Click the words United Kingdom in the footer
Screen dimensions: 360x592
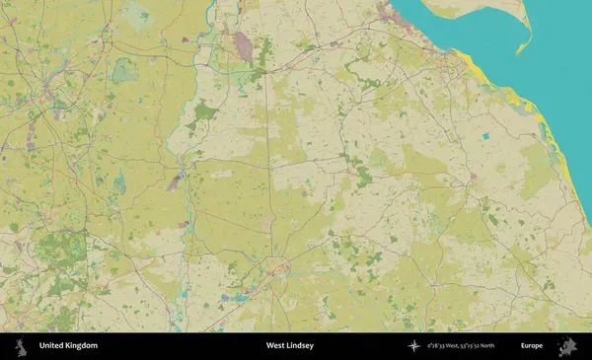click(68, 346)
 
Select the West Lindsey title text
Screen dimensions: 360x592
click(289, 346)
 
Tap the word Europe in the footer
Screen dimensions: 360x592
click(532, 346)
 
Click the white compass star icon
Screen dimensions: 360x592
click(414, 346)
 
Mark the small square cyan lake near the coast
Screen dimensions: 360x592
click(484, 134)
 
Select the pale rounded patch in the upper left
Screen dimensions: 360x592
click(124, 70)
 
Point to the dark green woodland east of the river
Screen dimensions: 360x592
click(205, 111)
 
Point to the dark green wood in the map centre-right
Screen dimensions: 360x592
click(364, 178)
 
